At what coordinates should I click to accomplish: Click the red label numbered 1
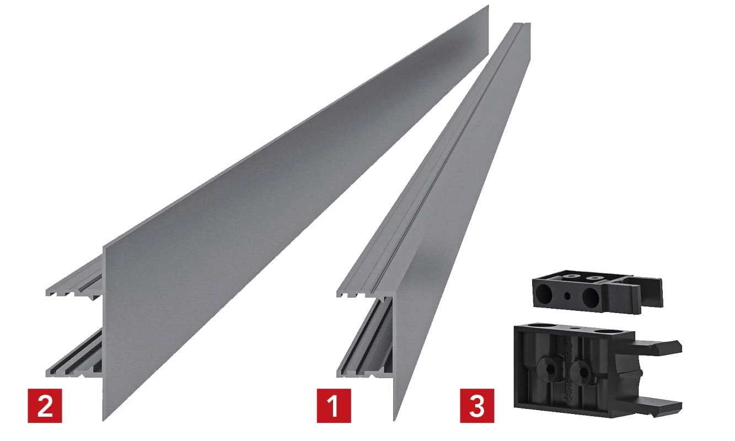coord(334,406)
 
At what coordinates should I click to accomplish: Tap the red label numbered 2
coord(45,406)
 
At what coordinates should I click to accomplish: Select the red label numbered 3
coord(477,406)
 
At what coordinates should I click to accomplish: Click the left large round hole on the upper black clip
coord(544,294)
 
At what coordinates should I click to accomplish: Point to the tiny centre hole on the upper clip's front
coord(567,296)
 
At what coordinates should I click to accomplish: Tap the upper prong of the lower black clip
coord(658,347)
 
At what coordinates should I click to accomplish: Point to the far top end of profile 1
coord(522,23)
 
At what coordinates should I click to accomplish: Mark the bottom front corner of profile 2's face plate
coord(103,421)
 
